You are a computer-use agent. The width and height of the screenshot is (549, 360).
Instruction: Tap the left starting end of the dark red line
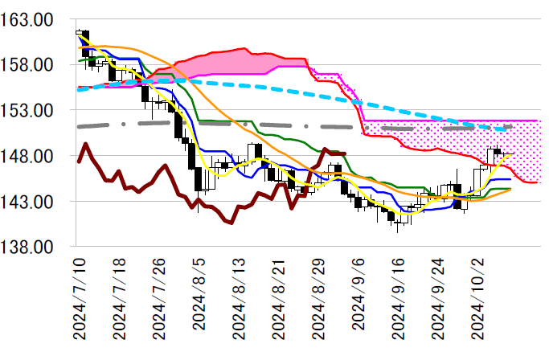[78, 162]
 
